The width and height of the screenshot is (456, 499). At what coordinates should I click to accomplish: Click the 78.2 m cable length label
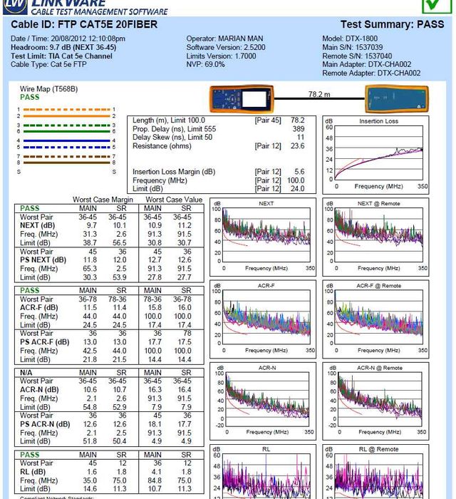click(x=318, y=94)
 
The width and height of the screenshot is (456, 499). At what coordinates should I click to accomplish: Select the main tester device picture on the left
click(x=242, y=98)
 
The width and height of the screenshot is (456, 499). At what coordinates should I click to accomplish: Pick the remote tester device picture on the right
click(x=397, y=99)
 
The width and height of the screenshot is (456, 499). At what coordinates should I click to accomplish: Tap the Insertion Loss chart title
click(x=378, y=122)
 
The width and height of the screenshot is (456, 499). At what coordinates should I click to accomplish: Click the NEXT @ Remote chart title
click(x=378, y=204)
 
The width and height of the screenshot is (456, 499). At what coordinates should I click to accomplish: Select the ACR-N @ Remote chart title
click(x=378, y=369)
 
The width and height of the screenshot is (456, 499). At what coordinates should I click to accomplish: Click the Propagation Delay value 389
click(x=298, y=129)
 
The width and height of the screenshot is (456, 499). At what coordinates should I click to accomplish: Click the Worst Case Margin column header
click(x=103, y=200)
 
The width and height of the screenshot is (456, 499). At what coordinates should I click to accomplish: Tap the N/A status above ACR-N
click(x=27, y=372)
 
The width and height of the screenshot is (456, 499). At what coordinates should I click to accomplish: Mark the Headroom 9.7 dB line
click(x=63, y=47)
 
